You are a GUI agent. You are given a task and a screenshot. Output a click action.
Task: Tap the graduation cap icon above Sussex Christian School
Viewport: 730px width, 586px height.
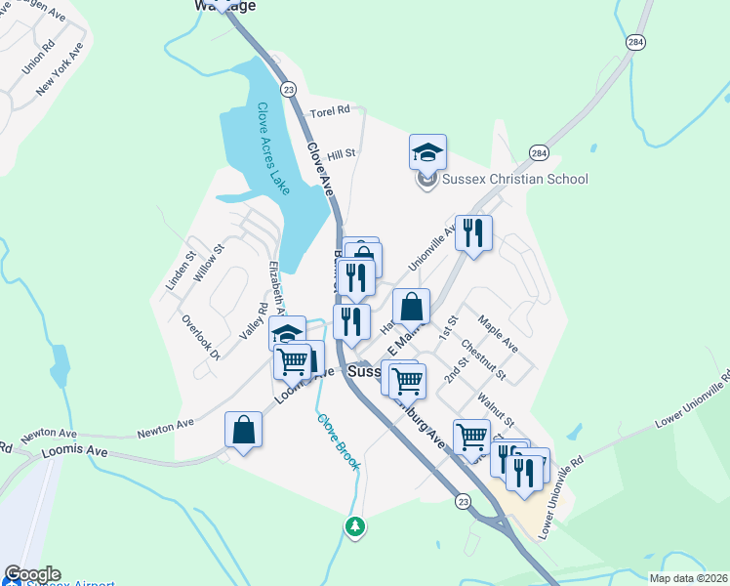(x=427, y=151)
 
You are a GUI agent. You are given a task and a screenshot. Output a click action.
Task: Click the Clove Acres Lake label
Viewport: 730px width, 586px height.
(x=273, y=147)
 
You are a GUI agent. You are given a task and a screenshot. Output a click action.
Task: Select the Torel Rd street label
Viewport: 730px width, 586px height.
(x=329, y=112)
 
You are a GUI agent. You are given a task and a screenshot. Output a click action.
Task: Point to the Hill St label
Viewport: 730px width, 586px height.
(x=342, y=154)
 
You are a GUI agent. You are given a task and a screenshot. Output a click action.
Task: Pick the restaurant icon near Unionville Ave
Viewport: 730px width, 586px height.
(x=473, y=232)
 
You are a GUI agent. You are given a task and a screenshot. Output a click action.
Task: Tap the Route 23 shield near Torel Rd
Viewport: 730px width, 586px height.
(x=288, y=89)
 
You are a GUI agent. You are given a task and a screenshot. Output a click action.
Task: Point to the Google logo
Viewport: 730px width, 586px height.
(x=32, y=574)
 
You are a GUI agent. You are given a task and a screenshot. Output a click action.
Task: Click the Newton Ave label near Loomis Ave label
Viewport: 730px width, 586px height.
(x=165, y=426)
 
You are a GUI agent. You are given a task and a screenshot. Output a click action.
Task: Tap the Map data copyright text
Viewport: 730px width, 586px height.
(x=687, y=577)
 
